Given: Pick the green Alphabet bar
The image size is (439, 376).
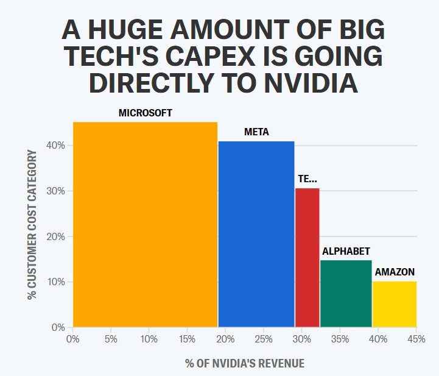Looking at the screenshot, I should [346, 293].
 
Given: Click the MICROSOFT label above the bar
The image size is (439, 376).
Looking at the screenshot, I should [145, 113].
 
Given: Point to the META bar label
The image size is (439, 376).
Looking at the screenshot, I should [256, 132].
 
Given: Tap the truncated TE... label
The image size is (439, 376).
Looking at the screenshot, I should [307, 179].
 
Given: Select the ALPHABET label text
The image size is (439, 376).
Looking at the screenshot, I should [346, 251].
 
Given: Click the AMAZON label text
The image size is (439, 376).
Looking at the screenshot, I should [395, 272].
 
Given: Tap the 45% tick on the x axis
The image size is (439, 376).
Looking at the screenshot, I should [416, 339].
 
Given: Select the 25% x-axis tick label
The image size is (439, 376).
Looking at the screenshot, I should [264, 339].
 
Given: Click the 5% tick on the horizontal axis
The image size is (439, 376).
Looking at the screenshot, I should [111, 339].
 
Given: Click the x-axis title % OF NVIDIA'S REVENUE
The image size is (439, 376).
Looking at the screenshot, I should [245, 364].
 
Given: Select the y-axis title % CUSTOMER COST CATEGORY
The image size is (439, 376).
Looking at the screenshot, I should [32, 224].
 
